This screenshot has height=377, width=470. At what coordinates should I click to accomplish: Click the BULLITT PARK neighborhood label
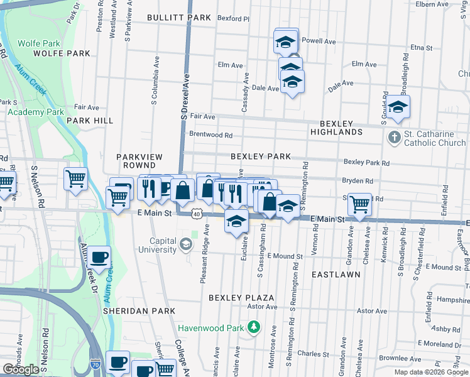179,18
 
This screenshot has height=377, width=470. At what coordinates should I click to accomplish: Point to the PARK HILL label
90,120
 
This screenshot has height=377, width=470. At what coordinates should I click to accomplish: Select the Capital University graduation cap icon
186,244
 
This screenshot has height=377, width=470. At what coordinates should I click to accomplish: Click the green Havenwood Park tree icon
253,327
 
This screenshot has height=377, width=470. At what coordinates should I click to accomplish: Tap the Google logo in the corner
21,369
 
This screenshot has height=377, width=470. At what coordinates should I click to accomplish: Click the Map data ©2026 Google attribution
431,372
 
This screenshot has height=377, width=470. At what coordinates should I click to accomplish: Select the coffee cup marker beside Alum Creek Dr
99,257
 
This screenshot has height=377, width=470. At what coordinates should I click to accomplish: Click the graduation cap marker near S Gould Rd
397,107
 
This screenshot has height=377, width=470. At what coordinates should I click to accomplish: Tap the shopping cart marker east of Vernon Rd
359,204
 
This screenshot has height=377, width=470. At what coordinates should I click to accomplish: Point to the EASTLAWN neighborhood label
336,275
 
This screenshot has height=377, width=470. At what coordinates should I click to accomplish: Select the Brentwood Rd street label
211,135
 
